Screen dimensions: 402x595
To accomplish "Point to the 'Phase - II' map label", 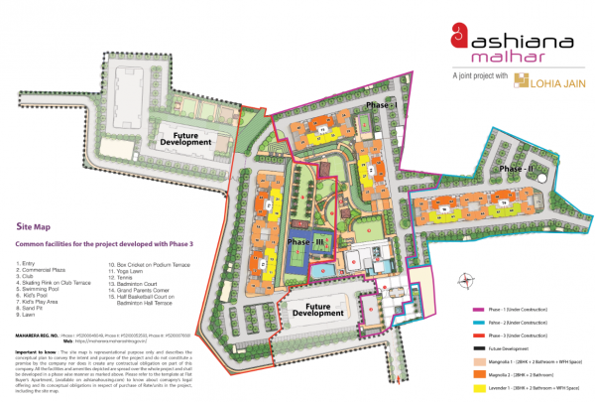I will tap(516, 169).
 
